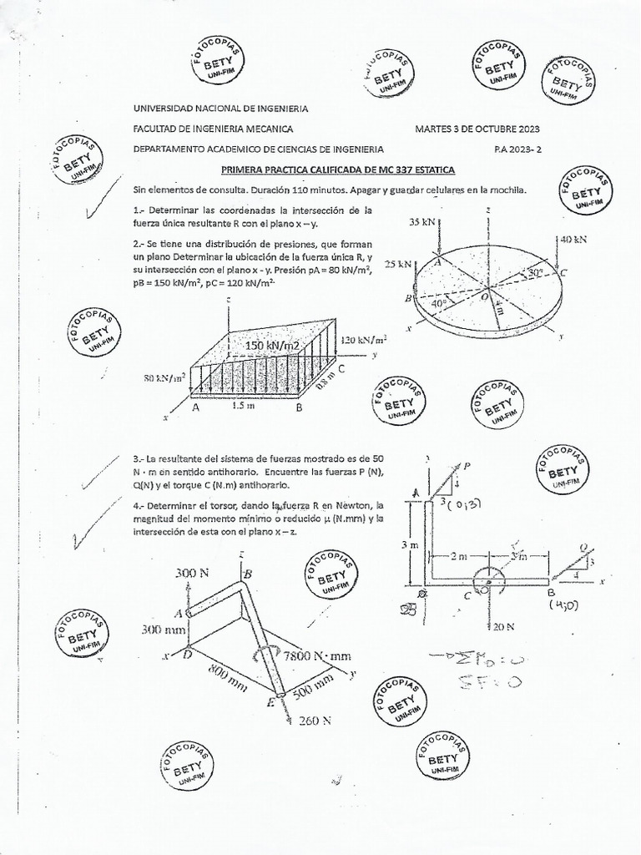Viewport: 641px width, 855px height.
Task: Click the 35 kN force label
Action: tap(422, 223)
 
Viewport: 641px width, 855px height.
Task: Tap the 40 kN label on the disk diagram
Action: tap(573, 239)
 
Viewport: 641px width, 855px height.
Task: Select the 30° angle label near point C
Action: tap(534, 273)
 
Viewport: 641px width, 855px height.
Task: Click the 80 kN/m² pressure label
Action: tap(164, 377)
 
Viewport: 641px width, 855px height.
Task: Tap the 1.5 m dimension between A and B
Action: tap(245, 407)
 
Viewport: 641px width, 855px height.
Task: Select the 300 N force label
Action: tap(193, 573)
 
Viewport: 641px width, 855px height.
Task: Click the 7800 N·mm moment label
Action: tap(317, 655)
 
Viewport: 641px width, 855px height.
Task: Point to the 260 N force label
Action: tap(315, 721)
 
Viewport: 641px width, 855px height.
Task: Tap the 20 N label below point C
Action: tap(503, 625)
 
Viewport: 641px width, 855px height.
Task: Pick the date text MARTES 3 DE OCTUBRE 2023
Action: tap(477, 129)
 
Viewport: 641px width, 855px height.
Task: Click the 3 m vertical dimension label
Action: tap(409, 545)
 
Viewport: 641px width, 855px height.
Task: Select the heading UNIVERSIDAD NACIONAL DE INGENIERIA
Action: tap(220, 109)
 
